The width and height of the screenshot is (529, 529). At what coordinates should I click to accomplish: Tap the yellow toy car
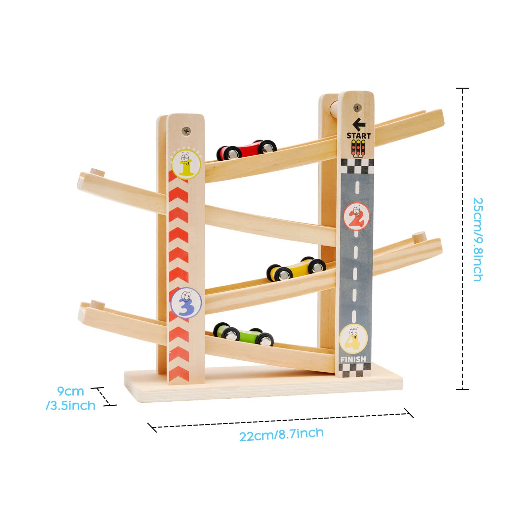(296, 268)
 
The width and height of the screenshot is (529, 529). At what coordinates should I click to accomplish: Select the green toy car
(243, 334)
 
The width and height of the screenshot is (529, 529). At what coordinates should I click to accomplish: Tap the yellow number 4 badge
(353, 339)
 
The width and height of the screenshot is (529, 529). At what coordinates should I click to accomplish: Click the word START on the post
(359, 136)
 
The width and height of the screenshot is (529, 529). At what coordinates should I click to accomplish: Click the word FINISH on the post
(353, 359)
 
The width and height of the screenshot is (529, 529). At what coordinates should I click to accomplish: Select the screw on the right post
(357, 107)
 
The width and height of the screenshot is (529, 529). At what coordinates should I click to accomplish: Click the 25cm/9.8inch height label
(478, 239)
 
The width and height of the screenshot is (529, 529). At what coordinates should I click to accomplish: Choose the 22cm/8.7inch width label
(281, 434)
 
